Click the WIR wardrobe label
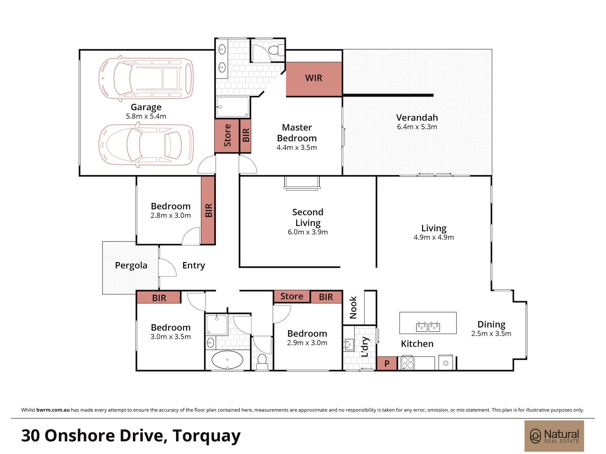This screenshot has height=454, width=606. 313,78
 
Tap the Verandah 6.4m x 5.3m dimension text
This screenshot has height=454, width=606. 417,127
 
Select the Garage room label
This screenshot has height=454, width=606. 146,108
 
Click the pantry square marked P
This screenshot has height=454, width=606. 387,364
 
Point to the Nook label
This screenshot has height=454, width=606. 353,307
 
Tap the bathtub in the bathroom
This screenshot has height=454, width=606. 227,360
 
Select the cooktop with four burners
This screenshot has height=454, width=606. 407,363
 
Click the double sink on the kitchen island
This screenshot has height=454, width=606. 428,327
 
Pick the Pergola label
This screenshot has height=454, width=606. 131,265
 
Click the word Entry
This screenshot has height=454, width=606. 193,265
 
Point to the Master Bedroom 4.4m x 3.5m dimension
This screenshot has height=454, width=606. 297,148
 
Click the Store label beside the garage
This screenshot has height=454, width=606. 227,135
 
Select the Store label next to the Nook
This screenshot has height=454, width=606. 292,296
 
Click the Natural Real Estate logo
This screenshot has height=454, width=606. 554,436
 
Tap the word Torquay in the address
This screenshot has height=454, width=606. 206,436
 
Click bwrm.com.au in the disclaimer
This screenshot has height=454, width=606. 53,410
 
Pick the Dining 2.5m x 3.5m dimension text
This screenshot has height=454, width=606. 491,334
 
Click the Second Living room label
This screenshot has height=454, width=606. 308,217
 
